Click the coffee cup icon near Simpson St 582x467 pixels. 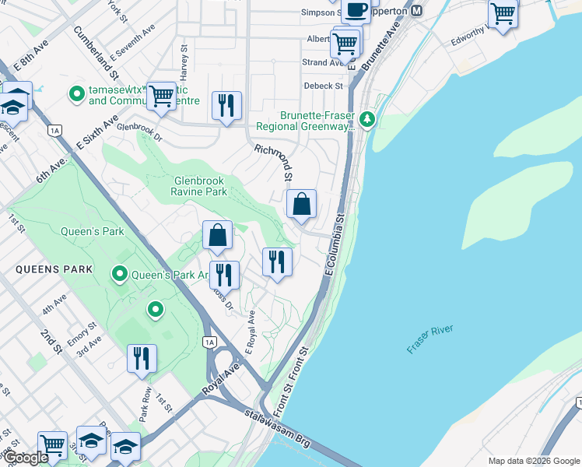pyautogui.click(x=356, y=11)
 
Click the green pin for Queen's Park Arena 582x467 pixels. pyautogui.click(x=120, y=273)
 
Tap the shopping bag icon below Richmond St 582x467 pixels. pyautogui.click(x=301, y=205)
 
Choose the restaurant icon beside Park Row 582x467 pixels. pyautogui.click(x=142, y=359)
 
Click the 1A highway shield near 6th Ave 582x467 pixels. pyautogui.click(x=54, y=132)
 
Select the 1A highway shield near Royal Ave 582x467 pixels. pyautogui.click(x=209, y=342)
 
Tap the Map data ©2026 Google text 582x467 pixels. pyautogui.click(x=533, y=461)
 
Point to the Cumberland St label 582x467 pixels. pyautogui.click(x=95, y=54)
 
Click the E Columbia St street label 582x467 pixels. pyautogui.click(x=334, y=244)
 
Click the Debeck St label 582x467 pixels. pyautogui.click(x=323, y=86)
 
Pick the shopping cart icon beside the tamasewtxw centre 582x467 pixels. pyautogui.click(x=161, y=97)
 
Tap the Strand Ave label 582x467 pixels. pyautogui.click(x=320, y=62)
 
